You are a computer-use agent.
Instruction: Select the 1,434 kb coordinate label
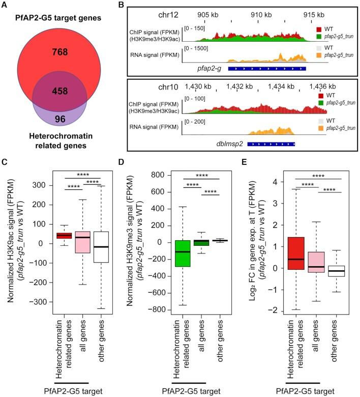pos(283,86)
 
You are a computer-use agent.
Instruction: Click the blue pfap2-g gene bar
pos(266,68)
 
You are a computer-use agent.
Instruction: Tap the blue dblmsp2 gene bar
pos(271,144)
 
